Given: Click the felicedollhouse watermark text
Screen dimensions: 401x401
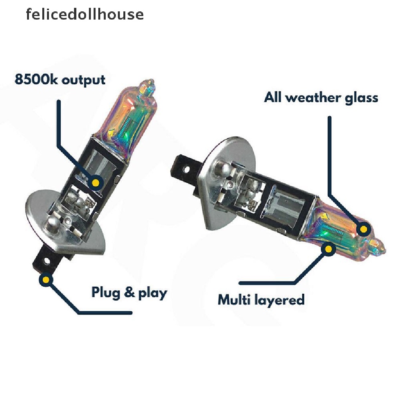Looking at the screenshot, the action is (x=85, y=14).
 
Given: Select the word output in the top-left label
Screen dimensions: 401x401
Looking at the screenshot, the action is (x=84, y=80).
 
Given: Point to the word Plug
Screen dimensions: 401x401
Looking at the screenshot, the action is (x=106, y=293).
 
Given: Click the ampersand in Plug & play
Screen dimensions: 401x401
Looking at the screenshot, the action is (x=129, y=292).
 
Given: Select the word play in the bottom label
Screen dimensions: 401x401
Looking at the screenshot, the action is (x=153, y=293).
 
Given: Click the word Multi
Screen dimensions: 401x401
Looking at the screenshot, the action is (x=234, y=300).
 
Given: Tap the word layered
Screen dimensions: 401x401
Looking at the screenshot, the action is (x=279, y=300).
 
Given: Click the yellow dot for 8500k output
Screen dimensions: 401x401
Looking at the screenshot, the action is (x=96, y=182).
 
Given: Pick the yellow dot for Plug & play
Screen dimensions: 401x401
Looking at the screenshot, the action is (x=46, y=280).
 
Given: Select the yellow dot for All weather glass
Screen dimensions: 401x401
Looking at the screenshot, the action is (x=363, y=229).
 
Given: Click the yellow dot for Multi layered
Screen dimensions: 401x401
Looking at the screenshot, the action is (x=329, y=249).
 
